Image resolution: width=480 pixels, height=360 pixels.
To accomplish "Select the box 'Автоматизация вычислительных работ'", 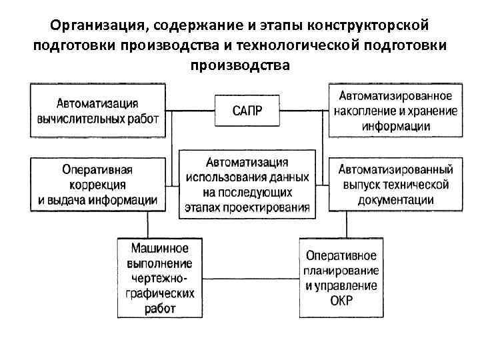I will point(97,110).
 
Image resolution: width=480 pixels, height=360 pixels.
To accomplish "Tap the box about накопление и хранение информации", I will point(395,110).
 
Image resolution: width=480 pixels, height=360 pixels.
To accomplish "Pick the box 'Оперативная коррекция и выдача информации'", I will point(97,182).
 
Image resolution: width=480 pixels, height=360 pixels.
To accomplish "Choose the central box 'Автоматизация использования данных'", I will point(247,184).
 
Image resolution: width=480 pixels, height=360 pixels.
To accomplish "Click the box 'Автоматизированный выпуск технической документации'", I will point(395,183).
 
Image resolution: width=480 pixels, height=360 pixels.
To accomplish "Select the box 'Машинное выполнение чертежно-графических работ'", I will point(158,277).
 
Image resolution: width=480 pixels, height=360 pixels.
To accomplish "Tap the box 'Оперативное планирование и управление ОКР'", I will point(341,277).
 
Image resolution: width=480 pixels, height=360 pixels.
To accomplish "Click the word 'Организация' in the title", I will point(99,25).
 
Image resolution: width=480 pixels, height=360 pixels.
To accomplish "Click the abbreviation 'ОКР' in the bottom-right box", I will point(341,301).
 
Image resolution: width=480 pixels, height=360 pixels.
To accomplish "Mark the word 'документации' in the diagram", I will point(395,200).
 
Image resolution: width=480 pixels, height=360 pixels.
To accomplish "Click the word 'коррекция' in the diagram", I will point(97,183).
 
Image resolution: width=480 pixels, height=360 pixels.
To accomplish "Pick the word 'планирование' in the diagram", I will point(341,271).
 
